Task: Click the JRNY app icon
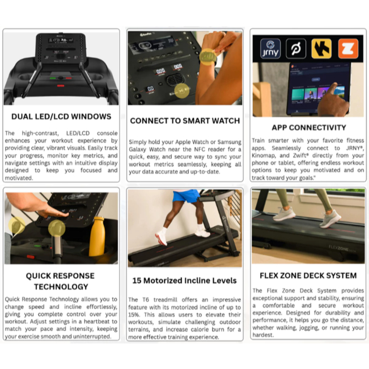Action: tap(270, 49)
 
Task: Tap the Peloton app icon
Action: tap(296, 49)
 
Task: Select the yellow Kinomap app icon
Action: tap(321, 49)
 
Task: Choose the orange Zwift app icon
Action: tap(348, 49)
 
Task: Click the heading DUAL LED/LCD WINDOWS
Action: tap(61, 117)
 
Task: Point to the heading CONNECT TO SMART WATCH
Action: tap(185, 121)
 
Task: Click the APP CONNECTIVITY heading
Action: tap(309, 128)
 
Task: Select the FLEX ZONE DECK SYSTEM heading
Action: tap(308, 275)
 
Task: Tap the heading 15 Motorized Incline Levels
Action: tap(185, 281)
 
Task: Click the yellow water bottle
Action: tap(97, 236)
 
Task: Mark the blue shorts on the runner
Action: tap(186, 196)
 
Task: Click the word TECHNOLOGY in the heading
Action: tap(61, 287)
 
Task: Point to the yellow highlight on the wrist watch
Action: tap(208, 57)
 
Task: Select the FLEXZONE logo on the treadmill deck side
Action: tap(342, 248)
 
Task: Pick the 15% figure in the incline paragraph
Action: tap(134, 315)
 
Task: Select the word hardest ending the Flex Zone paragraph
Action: tap(263, 335)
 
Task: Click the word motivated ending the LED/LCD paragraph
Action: tap(19, 178)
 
